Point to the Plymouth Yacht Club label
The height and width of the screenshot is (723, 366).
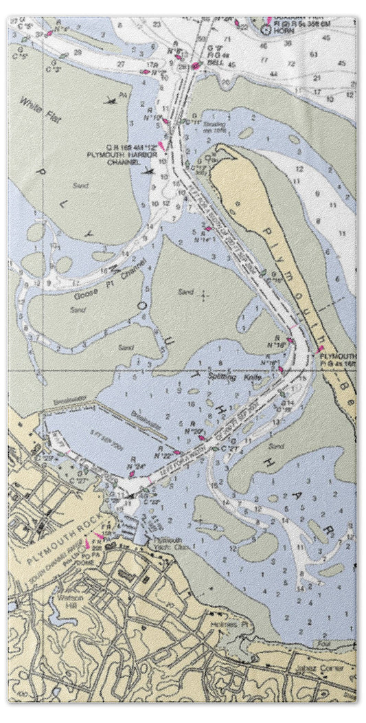167,543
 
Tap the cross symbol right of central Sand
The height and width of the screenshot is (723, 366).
204,296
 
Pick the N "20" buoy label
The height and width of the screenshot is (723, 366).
193,431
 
